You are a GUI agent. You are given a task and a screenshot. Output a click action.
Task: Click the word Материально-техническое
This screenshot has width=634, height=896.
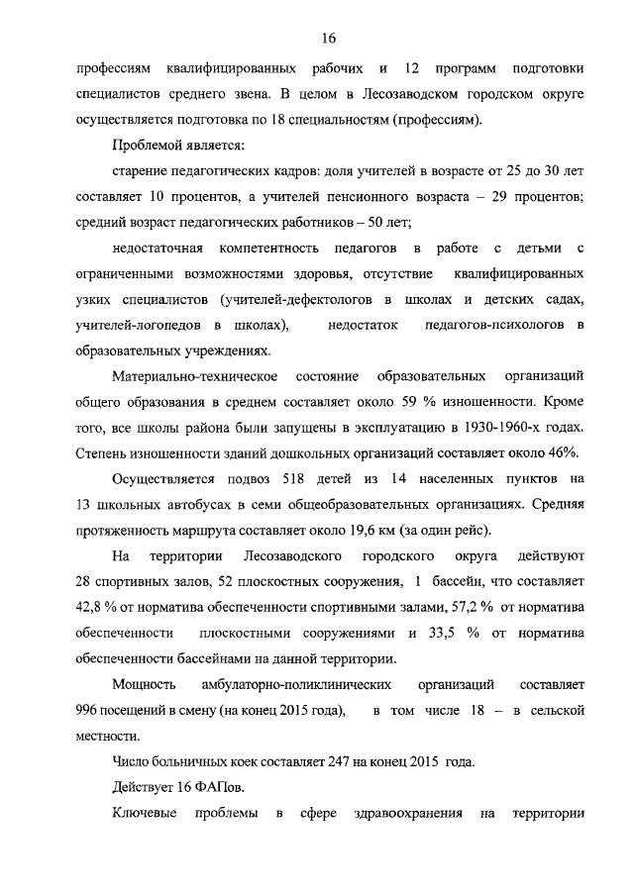tap(191, 377)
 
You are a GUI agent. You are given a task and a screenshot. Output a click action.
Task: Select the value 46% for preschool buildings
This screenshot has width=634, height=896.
tap(562, 453)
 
